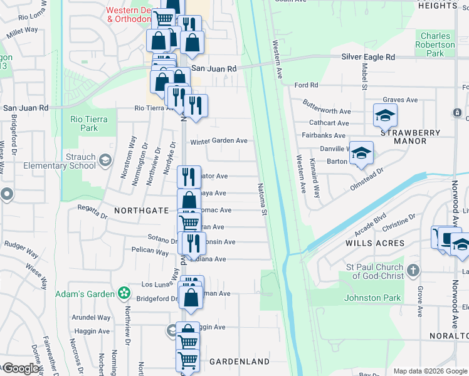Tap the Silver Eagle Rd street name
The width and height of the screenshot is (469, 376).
click(368, 57)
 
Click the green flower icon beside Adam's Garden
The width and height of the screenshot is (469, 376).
click(125, 293)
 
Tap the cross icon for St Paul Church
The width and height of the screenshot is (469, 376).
click(412, 270)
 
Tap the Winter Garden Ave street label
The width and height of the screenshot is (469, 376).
click(219, 141)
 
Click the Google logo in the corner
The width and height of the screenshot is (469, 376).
click(21, 368)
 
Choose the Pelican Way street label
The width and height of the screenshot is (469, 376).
click(150, 252)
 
